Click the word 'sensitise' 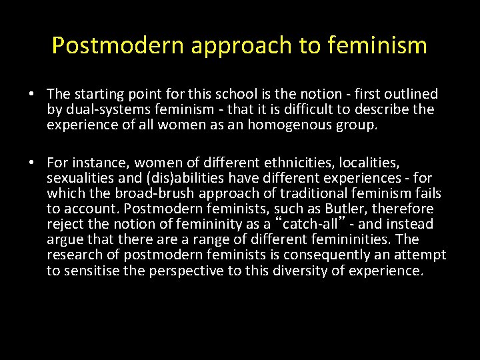[x=90, y=270]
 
